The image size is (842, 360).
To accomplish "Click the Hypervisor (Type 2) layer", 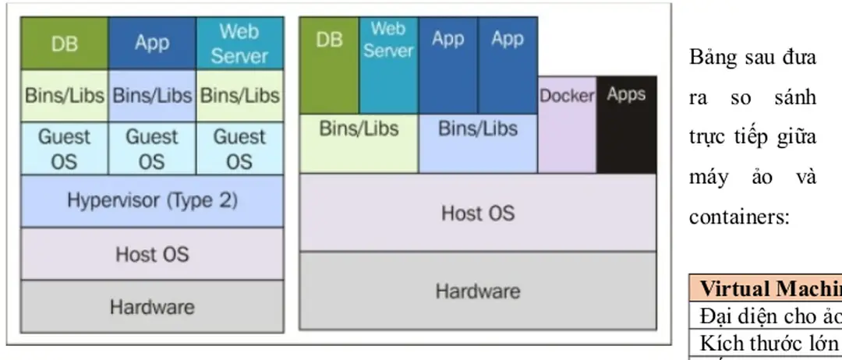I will coord(152,201).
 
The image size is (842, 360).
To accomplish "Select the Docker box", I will coord(567,125).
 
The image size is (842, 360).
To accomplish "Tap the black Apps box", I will coord(627,125).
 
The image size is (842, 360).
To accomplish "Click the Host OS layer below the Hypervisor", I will coord(152,254).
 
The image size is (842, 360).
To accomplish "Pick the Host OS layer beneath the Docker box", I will coord(477,212).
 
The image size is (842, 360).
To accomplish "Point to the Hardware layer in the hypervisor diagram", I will coord(152,305).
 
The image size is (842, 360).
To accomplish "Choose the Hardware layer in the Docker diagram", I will coord(477,291).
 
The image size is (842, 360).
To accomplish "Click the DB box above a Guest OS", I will coord(64,44).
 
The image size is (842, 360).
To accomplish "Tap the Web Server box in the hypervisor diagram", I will coord(239,44).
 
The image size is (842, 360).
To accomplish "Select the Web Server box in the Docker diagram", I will coord(388,65).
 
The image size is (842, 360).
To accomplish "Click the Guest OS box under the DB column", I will coord(64,148).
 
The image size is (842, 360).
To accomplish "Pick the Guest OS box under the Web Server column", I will coord(239,148).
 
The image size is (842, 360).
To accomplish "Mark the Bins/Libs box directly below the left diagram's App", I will coord(152,96).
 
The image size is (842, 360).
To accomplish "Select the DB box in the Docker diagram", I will coord(329,65).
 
